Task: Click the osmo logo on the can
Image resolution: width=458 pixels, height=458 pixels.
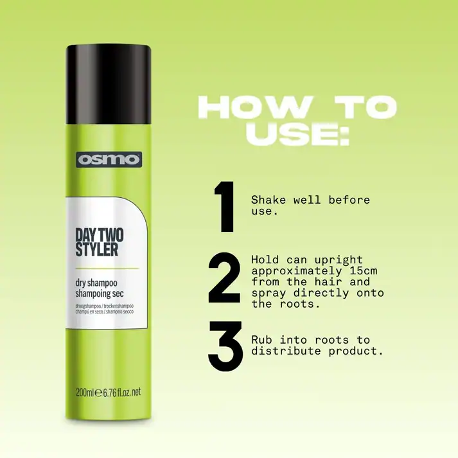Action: [109, 159]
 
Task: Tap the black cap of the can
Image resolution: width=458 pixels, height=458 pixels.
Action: [109, 85]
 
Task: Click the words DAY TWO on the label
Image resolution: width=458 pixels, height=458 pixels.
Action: [100, 234]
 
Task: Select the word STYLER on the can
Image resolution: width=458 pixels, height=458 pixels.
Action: [97, 250]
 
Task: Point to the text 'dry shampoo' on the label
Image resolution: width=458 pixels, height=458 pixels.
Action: [96, 283]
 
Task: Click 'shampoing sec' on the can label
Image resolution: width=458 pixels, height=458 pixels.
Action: [100, 294]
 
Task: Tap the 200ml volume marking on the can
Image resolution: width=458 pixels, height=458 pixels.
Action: [84, 392]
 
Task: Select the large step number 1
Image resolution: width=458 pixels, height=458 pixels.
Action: [224, 206]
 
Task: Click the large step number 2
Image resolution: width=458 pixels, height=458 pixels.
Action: [224, 277]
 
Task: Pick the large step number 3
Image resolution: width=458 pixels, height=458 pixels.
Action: [225, 346]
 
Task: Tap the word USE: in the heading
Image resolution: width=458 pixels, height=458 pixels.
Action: [297, 134]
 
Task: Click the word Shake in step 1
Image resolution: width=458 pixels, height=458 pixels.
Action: [269, 200]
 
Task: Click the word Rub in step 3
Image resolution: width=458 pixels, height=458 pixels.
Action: [261, 340]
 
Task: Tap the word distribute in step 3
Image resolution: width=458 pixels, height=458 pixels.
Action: [286, 351]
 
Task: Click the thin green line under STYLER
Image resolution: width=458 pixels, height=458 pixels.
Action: [107, 268]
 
